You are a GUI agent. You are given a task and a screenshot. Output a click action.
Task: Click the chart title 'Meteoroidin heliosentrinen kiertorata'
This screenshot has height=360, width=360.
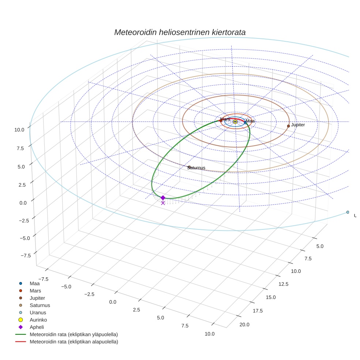point(180,32)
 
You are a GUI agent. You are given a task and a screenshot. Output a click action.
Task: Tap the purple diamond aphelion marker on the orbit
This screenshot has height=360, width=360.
point(163,198)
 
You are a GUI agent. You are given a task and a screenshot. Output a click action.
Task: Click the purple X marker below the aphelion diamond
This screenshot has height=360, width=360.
point(163,203)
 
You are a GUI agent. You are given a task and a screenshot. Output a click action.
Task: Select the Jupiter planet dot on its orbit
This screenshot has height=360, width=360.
point(288,126)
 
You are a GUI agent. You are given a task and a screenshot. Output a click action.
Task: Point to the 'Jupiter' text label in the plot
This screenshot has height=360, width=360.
point(298,125)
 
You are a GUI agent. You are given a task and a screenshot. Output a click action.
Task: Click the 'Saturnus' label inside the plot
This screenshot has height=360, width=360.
point(196,168)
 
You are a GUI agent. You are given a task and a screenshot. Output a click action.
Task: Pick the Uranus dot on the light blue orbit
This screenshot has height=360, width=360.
point(348,212)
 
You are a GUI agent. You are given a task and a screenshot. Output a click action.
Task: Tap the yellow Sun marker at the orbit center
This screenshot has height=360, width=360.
point(235,121)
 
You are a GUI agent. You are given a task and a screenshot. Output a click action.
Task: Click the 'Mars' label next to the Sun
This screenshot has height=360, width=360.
point(226,119)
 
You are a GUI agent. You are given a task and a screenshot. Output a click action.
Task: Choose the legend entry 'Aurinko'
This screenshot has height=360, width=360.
point(38,320)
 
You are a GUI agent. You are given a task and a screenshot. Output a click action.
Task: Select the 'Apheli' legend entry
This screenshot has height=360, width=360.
point(36,327)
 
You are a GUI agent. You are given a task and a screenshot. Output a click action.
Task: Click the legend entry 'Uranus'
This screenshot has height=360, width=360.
point(38,312)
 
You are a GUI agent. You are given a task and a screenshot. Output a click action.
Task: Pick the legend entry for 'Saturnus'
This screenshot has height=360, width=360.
point(40,305)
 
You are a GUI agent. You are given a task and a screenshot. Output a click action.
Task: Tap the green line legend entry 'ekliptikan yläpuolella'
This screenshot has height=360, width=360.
point(74,334)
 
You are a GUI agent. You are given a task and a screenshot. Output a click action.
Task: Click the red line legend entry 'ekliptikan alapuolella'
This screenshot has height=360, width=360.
point(74,342)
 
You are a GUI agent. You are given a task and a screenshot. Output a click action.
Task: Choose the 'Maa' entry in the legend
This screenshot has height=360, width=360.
point(34,283)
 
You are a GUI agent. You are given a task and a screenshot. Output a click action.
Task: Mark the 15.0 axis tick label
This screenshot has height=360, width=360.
point(271,297)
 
